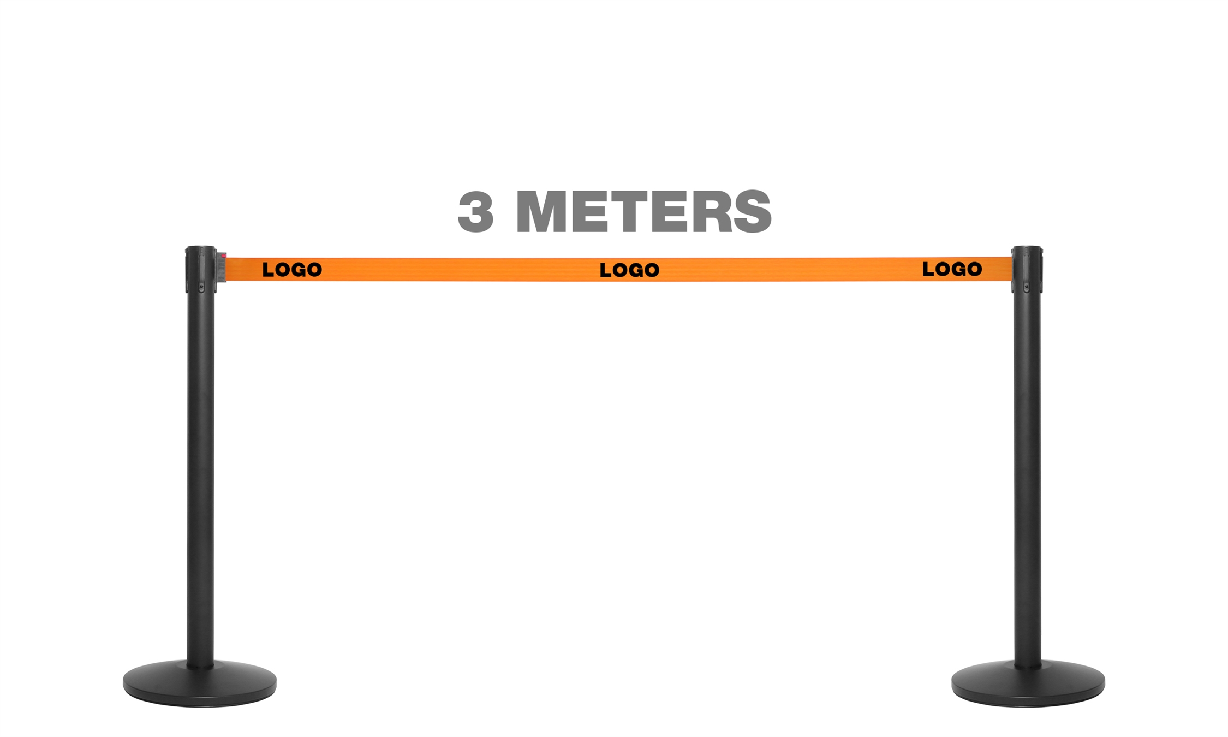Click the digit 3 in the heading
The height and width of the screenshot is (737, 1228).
coord(475,212)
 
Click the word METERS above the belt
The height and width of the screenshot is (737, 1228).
coord(643,212)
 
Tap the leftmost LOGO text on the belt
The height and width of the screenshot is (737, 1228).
coord(292,270)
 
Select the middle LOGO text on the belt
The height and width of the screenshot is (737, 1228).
coord(629,270)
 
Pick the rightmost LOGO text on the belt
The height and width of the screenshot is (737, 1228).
coord(952,269)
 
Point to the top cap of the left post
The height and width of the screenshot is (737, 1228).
coord(201,251)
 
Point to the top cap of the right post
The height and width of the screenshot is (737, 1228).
coord(1027,251)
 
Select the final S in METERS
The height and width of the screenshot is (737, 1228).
coord(752,212)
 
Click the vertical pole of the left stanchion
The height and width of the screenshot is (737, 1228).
coord(200,464)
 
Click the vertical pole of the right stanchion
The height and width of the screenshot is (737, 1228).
coord(1027,464)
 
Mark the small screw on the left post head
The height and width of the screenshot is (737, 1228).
coord(201,286)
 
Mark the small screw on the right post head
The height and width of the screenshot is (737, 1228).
coord(1026,286)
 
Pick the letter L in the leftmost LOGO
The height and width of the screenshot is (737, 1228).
coord(267,270)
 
